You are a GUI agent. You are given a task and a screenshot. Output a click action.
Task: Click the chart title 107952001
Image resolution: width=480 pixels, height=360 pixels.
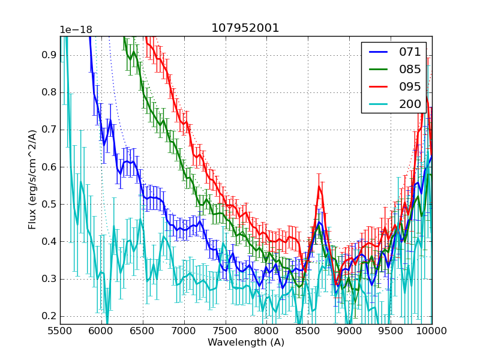click(x=245, y=28)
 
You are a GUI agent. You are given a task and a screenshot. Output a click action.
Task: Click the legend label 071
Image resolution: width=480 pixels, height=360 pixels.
click(x=410, y=52)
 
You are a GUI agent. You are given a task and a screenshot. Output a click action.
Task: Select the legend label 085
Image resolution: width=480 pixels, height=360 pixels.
click(x=410, y=69)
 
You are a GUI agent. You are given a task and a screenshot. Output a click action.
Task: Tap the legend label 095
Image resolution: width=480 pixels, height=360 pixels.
click(x=410, y=86)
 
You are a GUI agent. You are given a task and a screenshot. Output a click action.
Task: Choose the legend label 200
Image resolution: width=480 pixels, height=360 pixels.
click(x=410, y=104)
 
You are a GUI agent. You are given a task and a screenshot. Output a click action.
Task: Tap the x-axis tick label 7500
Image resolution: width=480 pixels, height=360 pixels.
click(x=226, y=332)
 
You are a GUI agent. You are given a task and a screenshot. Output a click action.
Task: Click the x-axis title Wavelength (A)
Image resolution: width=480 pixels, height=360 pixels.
click(x=246, y=343)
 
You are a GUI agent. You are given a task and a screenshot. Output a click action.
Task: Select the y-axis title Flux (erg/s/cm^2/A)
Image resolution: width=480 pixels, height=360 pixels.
click(x=32, y=179)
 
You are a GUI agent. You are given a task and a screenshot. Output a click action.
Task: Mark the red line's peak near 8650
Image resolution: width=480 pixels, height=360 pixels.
click(x=319, y=187)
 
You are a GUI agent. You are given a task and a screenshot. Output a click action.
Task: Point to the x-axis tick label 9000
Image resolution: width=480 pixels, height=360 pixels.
click(x=349, y=332)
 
